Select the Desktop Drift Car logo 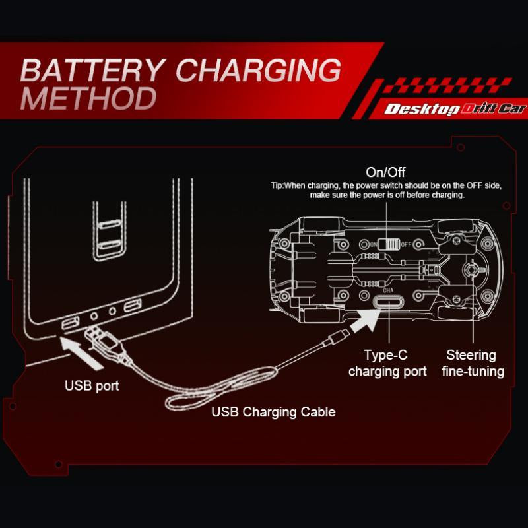coord(455,109)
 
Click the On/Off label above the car coord(386,173)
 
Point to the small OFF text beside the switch coord(407,244)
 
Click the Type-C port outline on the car coord(388,302)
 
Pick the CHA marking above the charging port coord(388,289)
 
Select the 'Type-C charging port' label coord(387,363)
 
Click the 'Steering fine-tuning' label coord(471,363)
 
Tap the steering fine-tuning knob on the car coord(471,271)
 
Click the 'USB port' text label coord(92,385)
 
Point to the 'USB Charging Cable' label coord(273,412)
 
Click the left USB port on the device coord(69,323)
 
